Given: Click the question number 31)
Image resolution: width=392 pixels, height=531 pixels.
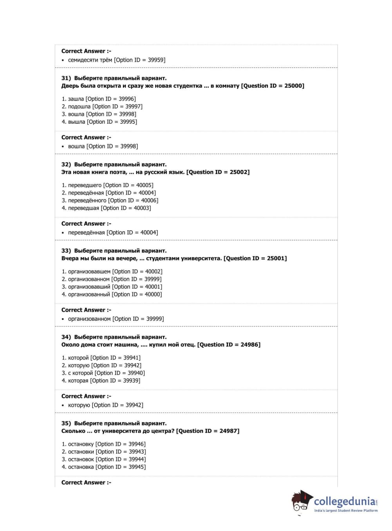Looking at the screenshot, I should [x=66, y=78].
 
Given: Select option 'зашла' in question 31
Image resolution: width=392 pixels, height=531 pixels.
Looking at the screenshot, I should [x=99, y=99].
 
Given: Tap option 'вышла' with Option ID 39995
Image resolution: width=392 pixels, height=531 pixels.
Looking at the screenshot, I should [x=99, y=122].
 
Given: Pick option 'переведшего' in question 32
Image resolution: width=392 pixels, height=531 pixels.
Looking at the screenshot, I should [x=107, y=185].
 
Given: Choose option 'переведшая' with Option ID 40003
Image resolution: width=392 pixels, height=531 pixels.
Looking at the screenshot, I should [x=106, y=208].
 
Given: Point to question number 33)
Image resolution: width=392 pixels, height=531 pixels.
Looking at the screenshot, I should [x=66, y=251].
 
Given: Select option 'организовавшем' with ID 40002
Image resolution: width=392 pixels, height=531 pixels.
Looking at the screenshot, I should [x=112, y=271].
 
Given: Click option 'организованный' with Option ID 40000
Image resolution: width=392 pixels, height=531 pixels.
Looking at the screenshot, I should [x=112, y=294].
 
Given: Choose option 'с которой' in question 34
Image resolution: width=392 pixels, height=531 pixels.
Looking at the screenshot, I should [x=103, y=373].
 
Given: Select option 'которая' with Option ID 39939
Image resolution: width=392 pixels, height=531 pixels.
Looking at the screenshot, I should [x=101, y=381].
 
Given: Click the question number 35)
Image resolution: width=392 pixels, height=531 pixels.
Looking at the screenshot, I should [x=66, y=423].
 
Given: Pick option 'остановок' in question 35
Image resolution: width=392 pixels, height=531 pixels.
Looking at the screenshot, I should [x=104, y=459].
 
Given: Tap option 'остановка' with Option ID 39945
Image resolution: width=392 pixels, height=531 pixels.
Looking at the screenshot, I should [x=104, y=467].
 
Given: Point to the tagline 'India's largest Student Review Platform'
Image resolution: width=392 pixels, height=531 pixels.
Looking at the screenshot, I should [x=346, y=511].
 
